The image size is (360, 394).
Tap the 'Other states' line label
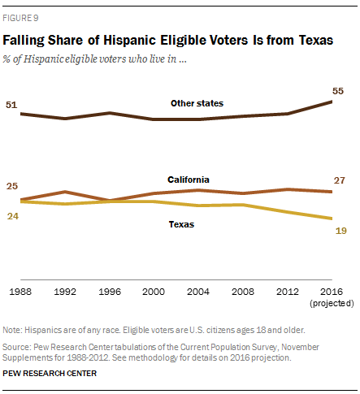pos(197,103)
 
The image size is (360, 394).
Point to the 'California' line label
pos(189,179)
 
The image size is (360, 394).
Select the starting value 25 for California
pos(12,187)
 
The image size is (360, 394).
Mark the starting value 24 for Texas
pos(12,216)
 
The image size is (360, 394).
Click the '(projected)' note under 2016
pos(332,302)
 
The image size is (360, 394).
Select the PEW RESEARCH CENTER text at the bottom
pos(50,373)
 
